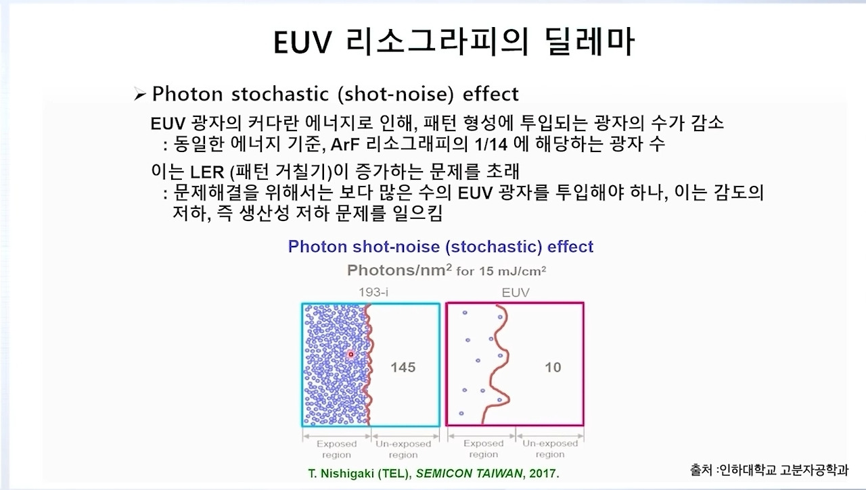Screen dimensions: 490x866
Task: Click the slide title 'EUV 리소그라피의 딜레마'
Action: coord(454,43)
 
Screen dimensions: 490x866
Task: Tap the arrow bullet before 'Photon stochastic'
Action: coord(140,95)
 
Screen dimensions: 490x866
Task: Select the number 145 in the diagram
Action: coord(403,368)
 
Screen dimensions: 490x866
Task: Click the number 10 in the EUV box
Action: coord(553,368)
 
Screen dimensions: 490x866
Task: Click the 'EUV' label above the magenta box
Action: coord(516,293)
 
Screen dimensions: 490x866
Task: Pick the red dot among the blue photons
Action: coord(350,354)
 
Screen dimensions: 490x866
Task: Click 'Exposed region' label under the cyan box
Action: coord(336,449)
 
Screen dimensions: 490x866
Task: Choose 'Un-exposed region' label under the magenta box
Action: coord(549,449)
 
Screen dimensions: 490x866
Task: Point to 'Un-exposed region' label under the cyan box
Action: coord(403,449)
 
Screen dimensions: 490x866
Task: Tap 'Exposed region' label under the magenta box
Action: coord(483,449)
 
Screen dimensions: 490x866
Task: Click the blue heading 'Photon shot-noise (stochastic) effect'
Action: coord(440,247)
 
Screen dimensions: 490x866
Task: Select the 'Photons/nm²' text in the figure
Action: coord(399,270)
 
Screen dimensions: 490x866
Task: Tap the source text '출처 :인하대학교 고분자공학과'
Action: coord(768,468)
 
